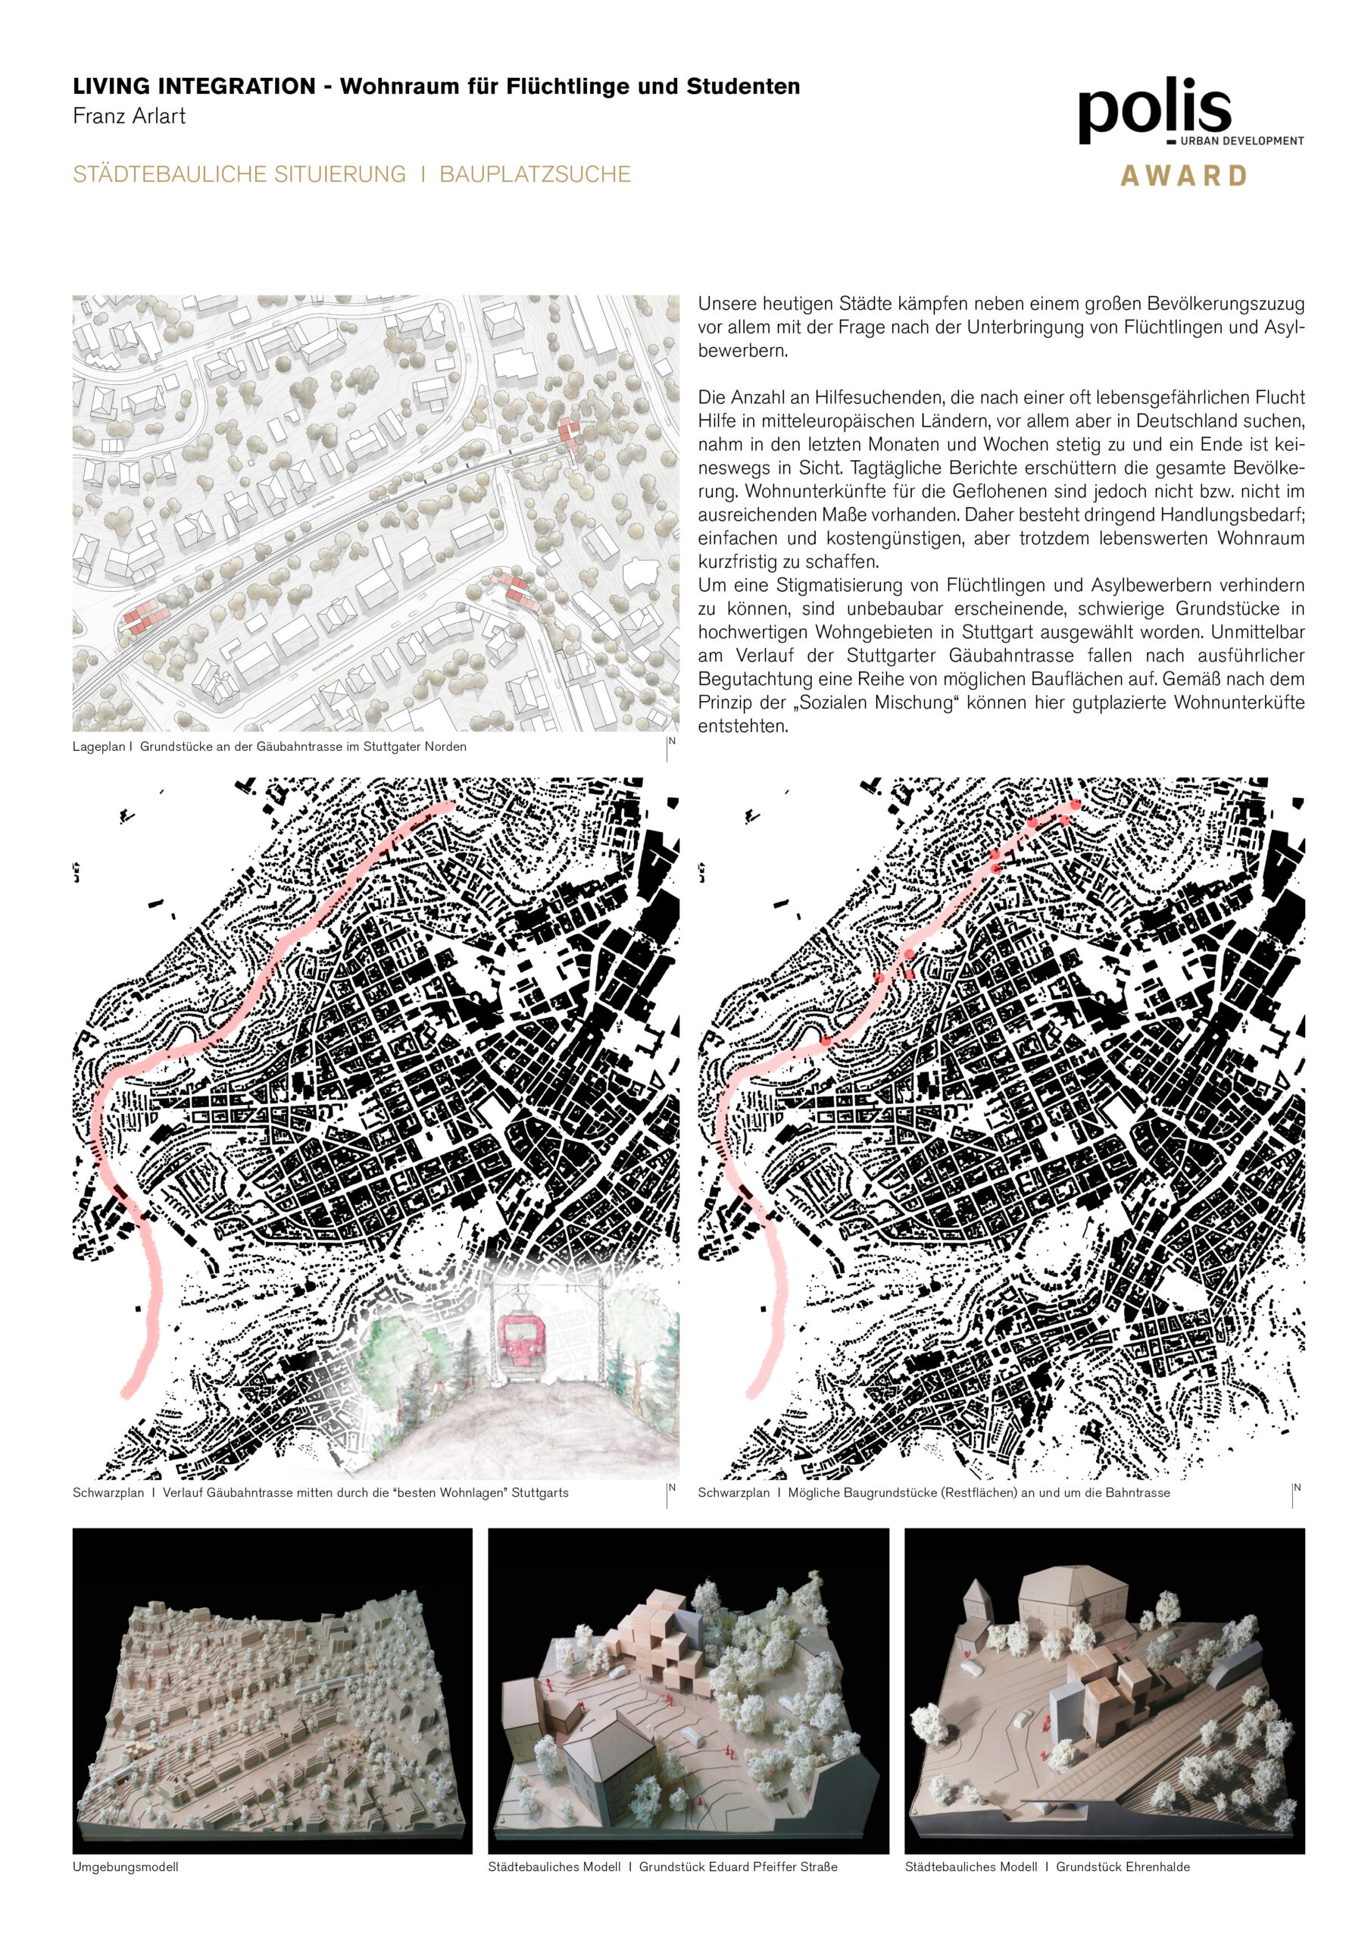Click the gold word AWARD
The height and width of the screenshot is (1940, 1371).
click(x=1182, y=176)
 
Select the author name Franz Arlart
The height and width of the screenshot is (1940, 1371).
click(x=129, y=116)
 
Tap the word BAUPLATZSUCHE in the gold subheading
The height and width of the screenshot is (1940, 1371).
click(x=535, y=174)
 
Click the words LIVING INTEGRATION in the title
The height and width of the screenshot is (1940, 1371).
click(x=195, y=86)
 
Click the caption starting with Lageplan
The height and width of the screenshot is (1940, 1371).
click(x=269, y=746)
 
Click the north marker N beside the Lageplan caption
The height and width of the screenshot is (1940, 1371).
click(x=672, y=741)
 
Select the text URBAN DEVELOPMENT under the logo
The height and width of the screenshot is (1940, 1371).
click(x=1241, y=141)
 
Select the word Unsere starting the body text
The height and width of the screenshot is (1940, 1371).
click(x=726, y=303)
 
